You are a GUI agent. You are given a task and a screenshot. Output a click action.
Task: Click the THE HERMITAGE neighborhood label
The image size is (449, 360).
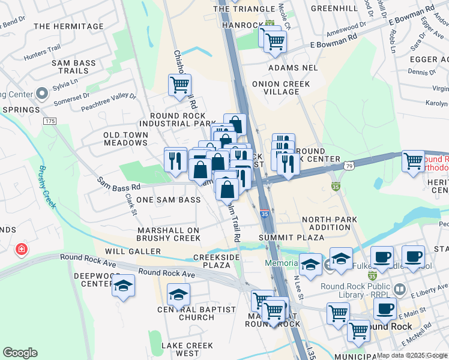[69, 26]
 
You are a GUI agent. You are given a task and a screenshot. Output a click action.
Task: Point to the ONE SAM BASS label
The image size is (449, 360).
[169, 200]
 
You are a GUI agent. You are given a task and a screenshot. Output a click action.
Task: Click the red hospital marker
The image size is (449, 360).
[22, 248]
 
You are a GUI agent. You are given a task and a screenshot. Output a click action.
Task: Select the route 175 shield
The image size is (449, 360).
[49, 121]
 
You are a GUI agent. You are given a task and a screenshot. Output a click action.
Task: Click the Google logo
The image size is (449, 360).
[20, 352]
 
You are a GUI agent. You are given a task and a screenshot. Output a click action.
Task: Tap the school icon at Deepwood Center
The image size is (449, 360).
[123, 286]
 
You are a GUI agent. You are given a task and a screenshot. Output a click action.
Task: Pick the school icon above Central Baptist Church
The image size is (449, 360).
[178, 295]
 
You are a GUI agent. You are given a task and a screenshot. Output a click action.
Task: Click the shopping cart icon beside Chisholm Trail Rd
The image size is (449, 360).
[179, 85]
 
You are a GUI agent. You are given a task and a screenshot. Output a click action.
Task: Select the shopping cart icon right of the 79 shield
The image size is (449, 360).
[413, 161]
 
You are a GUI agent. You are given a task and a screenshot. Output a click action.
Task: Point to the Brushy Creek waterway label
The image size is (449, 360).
[47, 187]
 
